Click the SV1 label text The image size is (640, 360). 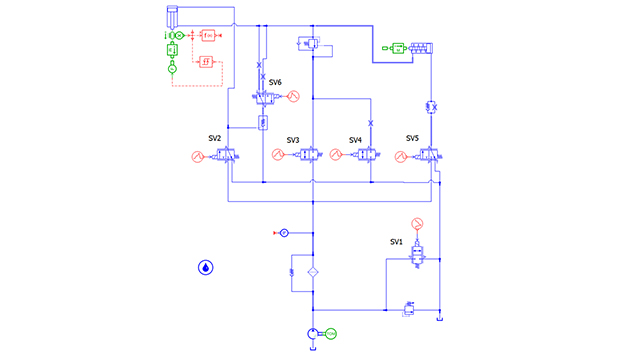(396, 242)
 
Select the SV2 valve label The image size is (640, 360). (214, 138)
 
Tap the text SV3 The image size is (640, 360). (293, 140)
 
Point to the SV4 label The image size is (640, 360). (355, 140)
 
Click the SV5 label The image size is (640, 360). (412, 138)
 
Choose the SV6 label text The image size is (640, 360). (275, 82)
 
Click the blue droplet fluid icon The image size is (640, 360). (205, 268)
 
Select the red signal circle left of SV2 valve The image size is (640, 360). (197, 156)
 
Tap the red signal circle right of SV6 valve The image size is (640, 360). (294, 97)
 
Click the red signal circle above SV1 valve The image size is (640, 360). (418, 222)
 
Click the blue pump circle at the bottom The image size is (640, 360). (313, 333)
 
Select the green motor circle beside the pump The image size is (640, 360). (331, 333)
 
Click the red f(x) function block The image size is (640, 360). (208, 35)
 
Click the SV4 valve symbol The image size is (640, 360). (367, 156)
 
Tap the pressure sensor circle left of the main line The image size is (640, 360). (283, 233)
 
